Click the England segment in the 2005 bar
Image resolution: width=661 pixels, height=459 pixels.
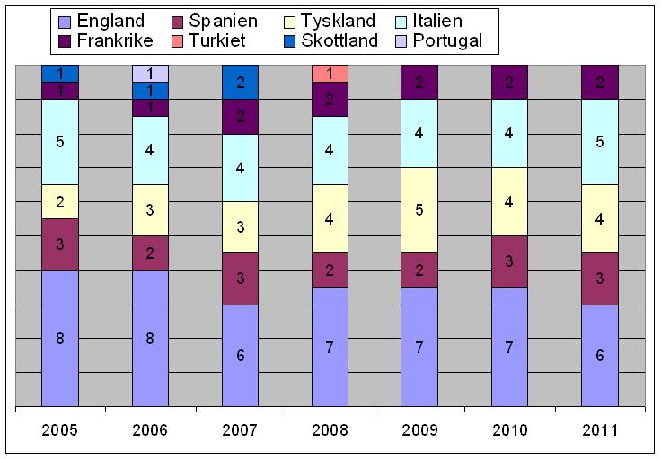[59, 339]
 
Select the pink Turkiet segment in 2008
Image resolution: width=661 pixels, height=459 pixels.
[330, 74]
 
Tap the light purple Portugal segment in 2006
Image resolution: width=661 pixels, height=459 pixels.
[150, 74]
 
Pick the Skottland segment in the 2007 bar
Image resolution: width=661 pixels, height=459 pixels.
[240, 82]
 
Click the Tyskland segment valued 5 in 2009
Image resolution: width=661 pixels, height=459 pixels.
[419, 210]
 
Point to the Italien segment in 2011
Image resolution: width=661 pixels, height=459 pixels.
[599, 142]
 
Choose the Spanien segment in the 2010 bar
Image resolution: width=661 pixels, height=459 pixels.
[509, 261]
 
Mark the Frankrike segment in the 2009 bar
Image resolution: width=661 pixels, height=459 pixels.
[419, 82]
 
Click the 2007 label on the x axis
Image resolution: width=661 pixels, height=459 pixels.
[240, 429]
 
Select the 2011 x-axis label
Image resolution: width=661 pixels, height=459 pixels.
[599, 429]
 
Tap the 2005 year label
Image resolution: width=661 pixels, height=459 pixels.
[59, 429]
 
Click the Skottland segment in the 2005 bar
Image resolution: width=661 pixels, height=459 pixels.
[59, 74]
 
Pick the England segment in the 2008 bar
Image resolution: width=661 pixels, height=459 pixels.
[330, 347]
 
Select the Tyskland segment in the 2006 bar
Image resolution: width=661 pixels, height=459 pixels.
[150, 210]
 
